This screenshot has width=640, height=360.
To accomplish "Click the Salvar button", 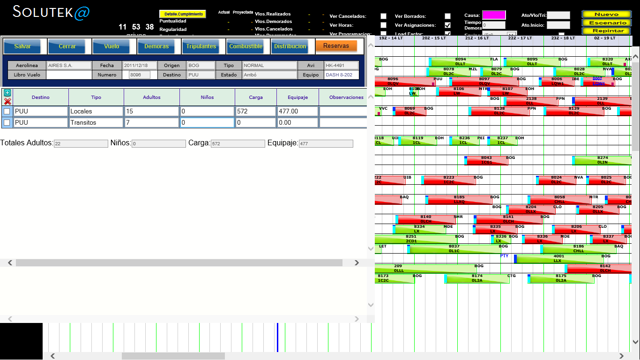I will [x=22, y=46].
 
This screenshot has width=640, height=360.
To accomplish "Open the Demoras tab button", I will [x=156, y=46].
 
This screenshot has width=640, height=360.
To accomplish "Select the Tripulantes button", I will [x=201, y=46].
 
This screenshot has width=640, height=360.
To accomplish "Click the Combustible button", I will [x=246, y=46].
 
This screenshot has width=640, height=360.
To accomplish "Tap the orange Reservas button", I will [x=336, y=46].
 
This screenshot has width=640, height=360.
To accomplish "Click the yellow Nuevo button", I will [x=606, y=15].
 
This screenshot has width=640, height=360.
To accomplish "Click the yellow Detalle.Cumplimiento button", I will [x=184, y=14].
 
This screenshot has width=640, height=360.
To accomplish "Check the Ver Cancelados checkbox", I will [x=384, y=16].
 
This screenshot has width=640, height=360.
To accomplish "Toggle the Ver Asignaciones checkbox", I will [x=447, y=25].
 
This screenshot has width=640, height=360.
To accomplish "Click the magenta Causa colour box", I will [x=494, y=15].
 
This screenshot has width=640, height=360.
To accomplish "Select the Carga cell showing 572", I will [x=255, y=111].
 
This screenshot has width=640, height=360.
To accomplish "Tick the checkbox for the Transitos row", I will [x=7, y=123].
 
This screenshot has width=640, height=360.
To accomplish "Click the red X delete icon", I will [x=7, y=101].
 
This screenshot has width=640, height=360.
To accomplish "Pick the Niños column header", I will [x=207, y=97].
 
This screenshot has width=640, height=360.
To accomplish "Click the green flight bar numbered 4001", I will [x=559, y=259].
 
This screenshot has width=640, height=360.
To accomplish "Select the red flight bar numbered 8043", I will [x=486, y=160].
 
